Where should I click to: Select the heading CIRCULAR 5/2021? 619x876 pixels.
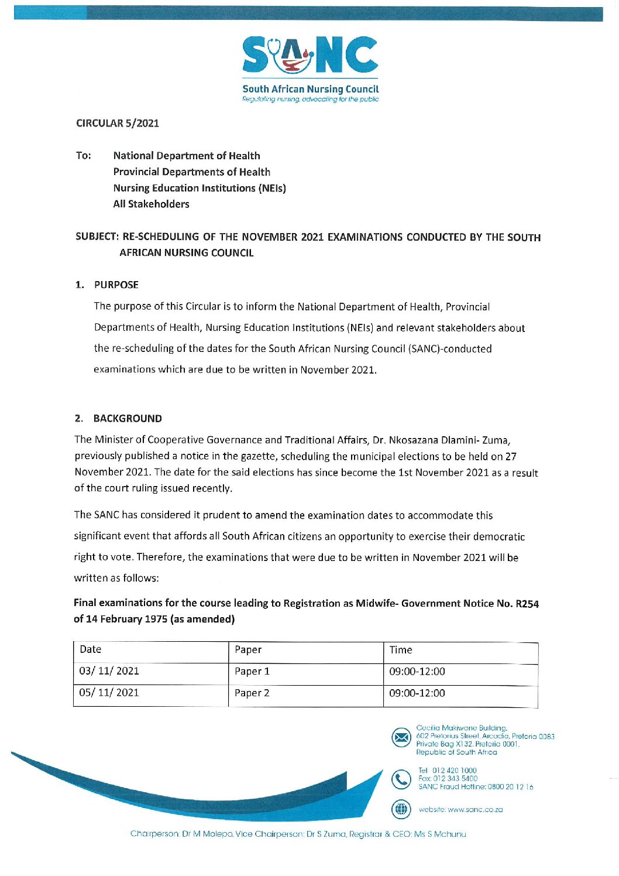coord(118,124)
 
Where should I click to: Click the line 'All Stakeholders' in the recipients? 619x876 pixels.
coord(152,204)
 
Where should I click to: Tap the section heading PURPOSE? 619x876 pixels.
coord(116,285)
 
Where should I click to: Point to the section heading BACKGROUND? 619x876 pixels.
coord(128,419)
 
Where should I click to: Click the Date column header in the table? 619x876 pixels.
coord(91,649)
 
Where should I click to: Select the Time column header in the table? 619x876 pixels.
coord(401,650)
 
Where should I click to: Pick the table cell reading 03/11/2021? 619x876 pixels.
coord(109,671)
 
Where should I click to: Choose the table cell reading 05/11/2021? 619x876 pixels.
coord(109,693)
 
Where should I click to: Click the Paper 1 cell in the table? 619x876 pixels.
coord(252,672)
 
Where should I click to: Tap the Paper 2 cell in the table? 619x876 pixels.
coord(252,693)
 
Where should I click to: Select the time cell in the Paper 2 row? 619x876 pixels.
coord(417,693)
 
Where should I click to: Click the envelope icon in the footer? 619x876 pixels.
coord(401,737)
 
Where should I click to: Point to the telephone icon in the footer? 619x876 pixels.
coord(401,779)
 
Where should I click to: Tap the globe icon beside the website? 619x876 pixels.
coord(401,809)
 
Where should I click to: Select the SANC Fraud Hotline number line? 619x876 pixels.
coord(476,787)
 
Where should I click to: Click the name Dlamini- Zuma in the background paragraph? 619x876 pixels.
coord(474,440)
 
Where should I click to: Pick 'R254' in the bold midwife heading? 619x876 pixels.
coord(527,604)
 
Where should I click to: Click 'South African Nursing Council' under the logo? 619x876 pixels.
coord(311,89)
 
